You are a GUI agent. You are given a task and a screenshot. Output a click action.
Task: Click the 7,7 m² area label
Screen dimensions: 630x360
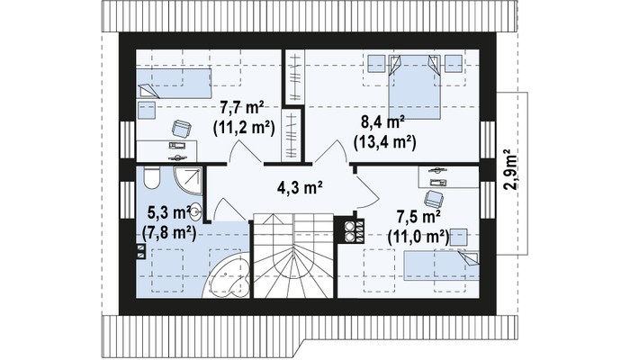(x=242, y=108)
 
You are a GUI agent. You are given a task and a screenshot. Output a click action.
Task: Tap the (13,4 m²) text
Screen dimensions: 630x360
(x=384, y=142)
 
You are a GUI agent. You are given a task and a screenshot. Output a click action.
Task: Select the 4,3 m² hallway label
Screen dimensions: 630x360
(x=300, y=187)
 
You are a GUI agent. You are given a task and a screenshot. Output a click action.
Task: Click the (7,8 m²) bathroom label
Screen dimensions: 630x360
(x=169, y=232)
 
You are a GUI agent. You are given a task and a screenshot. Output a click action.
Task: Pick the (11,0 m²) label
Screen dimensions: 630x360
(x=418, y=236)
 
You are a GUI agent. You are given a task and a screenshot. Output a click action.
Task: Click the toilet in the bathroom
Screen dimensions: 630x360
(x=151, y=178)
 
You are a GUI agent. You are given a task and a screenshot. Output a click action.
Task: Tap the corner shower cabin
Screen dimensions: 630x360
(x=187, y=180)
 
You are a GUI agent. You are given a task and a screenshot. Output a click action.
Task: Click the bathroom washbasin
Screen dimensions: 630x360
(x=195, y=211)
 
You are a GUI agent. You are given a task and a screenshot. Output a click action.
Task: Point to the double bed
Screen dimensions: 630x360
(x=414, y=86)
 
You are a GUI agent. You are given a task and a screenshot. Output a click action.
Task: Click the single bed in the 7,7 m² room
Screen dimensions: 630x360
(x=174, y=84)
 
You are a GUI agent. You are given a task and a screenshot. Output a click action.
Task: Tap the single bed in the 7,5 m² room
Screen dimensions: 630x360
(x=441, y=265)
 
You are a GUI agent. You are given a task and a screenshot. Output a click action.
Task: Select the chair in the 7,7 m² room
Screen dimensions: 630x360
(x=181, y=129)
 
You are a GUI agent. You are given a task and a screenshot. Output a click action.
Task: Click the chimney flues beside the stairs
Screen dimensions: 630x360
(x=354, y=231)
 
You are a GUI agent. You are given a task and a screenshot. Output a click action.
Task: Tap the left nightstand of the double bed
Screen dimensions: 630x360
(x=376, y=64)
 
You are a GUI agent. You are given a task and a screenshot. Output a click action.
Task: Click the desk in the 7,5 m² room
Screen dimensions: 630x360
(x=448, y=176)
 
